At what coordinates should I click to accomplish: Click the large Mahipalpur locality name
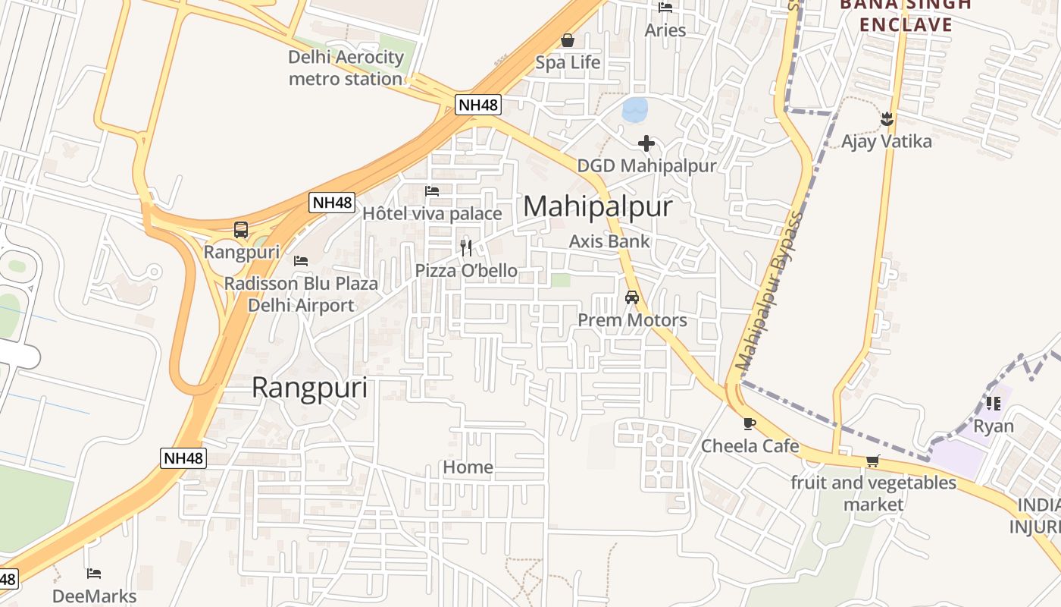597,206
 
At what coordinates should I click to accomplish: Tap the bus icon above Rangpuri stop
241,229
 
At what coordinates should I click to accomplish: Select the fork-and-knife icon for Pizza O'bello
466,247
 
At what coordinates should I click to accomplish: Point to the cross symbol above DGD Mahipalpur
646,143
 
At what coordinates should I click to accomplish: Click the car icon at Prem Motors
632,297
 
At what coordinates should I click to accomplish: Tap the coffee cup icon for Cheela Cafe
750,423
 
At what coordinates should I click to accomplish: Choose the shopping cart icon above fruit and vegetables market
873,461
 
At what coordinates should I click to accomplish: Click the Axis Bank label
609,241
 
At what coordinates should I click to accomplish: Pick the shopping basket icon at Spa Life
568,40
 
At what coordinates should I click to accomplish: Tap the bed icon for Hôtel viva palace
432,190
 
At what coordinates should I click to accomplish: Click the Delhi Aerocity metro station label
346,68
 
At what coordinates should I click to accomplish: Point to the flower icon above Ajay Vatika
887,119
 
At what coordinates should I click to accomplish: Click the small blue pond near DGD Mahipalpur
635,110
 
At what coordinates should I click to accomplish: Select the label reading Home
468,467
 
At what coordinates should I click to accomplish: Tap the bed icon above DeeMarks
94,573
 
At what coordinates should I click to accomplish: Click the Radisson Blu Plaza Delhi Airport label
301,294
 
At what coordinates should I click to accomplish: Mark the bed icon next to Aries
665,8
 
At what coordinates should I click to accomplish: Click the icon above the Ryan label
993,403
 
